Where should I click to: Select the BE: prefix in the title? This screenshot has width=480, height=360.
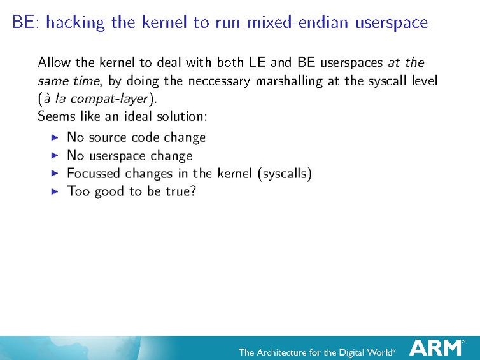tap(25, 23)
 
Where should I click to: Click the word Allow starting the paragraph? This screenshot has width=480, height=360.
tap(54, 62)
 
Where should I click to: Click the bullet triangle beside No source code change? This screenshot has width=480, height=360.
tap(54, 137)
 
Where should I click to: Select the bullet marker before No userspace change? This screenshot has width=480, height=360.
tap(54, 155)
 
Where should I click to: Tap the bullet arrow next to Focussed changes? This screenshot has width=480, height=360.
tap(54, 173)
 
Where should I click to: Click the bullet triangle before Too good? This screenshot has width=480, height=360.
tap(54, 191)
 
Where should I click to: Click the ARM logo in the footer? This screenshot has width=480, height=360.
tap(437, 347)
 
